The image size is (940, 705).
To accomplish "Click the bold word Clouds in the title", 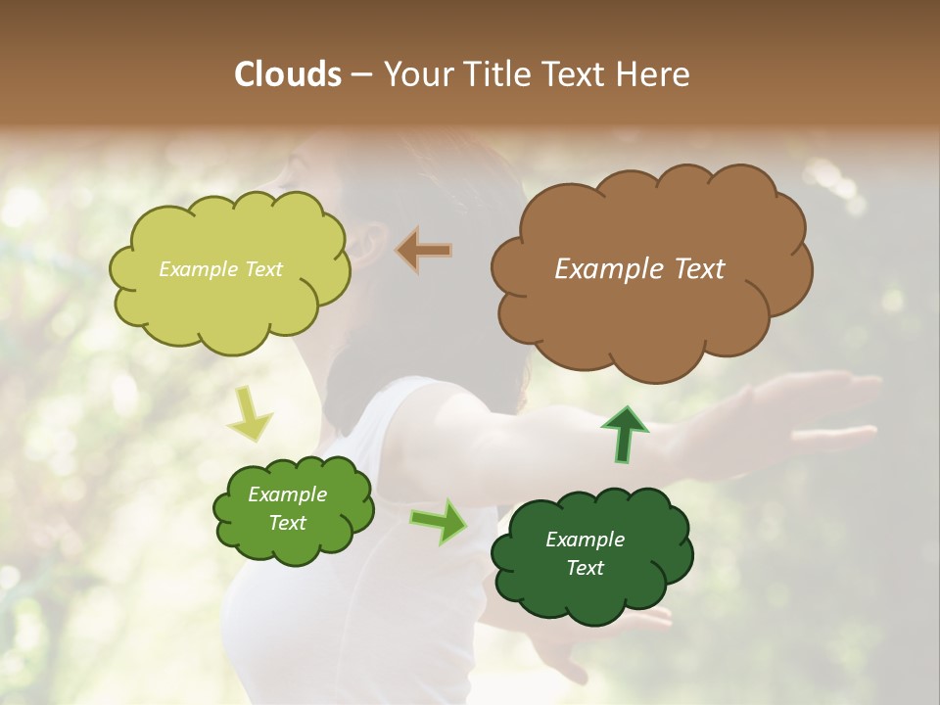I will (288, 73).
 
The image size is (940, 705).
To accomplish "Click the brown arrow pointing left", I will (424, 250).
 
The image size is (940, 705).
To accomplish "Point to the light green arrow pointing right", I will (439, 520).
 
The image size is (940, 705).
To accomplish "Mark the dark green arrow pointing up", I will (625, 434).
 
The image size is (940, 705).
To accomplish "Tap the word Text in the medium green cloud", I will (287, 523).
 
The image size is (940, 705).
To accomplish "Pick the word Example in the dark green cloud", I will (585, 540).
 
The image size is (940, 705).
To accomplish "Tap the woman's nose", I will (269, 176).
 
